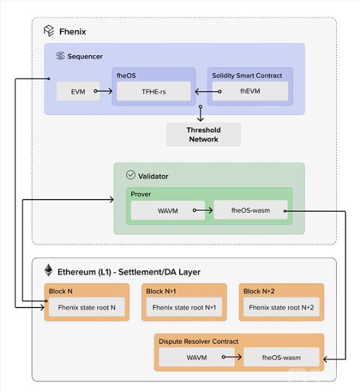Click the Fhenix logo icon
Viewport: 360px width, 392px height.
coord(49,31)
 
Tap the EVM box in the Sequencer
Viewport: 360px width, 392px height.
coord(79,91)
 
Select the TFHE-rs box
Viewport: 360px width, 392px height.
coord(154,91)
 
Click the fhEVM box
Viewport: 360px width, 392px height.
coord(250,91)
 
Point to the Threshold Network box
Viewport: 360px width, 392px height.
coord(204,134)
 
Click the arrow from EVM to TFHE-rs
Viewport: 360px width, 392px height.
coord(103,91)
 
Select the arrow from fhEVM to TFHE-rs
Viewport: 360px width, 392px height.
coord(208,92)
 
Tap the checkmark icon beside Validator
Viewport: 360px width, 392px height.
coord(130,175)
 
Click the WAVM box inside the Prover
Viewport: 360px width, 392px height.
coord(168,210)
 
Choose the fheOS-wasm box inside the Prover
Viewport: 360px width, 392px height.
coord(250,210)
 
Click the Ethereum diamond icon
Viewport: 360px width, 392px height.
coord(49,270)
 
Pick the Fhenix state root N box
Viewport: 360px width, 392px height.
coord(87,307)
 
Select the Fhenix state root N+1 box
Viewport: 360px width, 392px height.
coord(184,307)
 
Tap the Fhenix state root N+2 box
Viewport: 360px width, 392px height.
coord(281,307)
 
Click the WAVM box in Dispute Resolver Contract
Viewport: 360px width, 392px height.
coord(197,357)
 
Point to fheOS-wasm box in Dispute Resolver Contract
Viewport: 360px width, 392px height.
coord(281,357)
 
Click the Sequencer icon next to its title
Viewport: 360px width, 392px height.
coord(61,56)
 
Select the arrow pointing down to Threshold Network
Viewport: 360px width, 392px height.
coord(200,113)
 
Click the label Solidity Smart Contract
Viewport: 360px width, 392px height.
coord(247,75)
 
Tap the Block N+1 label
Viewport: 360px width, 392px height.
coord(161,292)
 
